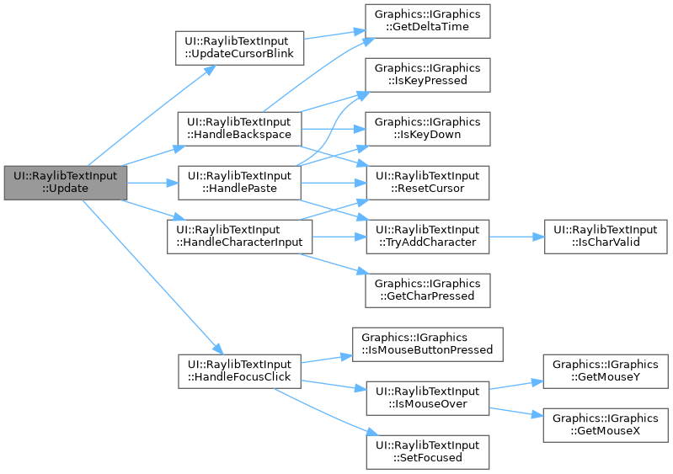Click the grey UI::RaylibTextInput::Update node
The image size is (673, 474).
(66, 182)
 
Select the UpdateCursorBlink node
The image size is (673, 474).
(238, 49)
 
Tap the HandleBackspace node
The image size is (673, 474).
(239, 128)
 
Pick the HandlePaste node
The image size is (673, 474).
(239, 182)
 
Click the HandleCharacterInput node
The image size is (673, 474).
(239, 236)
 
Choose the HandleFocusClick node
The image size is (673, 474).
(239, 370)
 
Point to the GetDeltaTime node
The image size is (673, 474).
(427, 20)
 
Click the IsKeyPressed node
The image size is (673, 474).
(427, 74)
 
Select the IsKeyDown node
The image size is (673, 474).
(427, 128)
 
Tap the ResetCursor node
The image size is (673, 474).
(427, 182)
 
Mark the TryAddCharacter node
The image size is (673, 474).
(427, 236)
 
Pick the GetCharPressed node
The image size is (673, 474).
(427, 290)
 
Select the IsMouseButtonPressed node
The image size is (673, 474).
(427, 344)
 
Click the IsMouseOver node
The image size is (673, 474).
(427, 397)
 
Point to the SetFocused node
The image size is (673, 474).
(427, 451)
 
